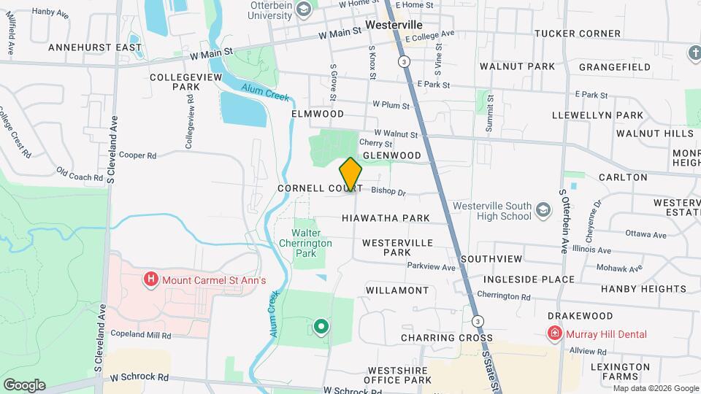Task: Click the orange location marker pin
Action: pos(350,174)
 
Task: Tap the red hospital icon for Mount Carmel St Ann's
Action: pos(151,279)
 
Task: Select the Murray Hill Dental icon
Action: pos(555,334)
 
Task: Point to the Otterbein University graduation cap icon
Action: pos(303,9)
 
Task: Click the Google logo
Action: pos(24,385)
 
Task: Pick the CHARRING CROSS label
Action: pos(446,338)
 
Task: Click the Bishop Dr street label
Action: pos(388,193)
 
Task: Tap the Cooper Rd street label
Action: pos(138,155)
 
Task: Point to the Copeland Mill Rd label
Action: pos(140,335)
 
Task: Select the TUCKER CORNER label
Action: pos(577,34)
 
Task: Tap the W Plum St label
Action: pos(391,105)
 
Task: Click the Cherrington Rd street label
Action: pos(504,296)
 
